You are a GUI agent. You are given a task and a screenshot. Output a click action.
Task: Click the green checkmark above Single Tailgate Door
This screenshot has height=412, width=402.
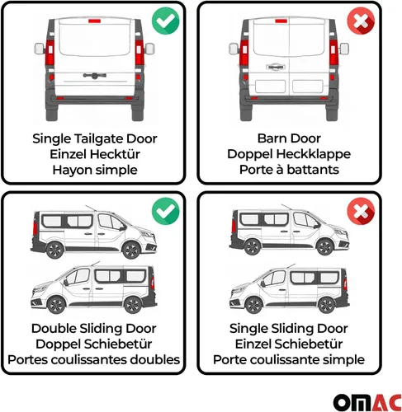165,21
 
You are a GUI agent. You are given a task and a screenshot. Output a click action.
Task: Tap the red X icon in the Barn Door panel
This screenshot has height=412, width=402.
361,21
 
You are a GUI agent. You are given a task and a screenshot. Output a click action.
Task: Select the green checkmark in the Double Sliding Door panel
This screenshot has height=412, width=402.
165,211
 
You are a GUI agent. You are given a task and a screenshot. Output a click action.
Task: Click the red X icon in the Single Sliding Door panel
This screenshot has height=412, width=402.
361,211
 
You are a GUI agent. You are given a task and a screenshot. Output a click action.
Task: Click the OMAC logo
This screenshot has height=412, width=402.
367,402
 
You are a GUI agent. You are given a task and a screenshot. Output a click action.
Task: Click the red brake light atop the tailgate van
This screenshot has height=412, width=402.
95,21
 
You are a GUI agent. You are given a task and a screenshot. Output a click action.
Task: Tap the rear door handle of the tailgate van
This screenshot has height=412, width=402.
95,75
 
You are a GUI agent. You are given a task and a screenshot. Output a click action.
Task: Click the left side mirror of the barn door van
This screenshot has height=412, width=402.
234,49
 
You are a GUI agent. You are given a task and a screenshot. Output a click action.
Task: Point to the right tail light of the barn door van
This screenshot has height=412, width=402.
333,53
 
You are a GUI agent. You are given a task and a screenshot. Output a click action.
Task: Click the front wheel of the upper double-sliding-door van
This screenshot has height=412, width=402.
130,250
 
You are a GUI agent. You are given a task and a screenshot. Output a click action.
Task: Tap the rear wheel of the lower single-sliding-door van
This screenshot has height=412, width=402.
327,305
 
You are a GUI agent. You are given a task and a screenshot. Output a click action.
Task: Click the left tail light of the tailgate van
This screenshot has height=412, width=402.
50,53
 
